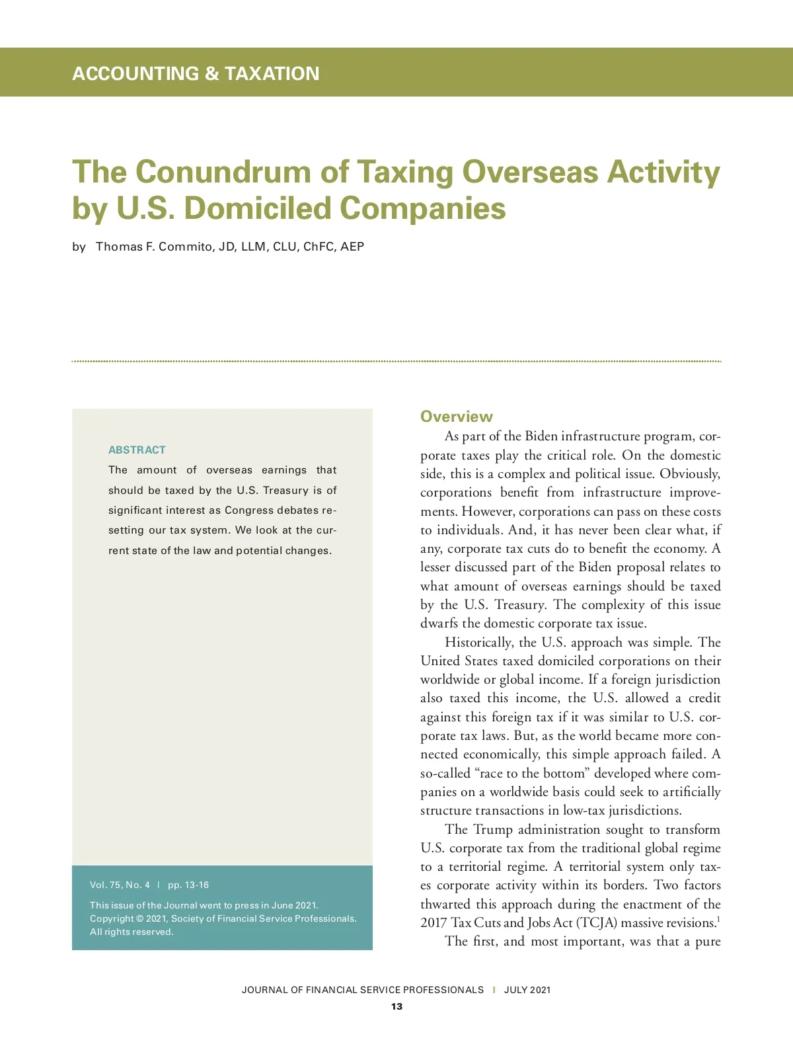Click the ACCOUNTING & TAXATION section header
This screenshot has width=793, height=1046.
point(196,73)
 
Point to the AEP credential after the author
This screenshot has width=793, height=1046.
point(352,247)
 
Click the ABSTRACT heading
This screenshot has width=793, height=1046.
point(137,450)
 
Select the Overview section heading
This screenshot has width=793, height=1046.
point(456,417)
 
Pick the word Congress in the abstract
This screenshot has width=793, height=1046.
point(248,510)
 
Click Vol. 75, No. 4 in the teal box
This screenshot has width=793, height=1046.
point(120,885)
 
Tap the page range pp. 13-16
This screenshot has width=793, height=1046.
point(188,885)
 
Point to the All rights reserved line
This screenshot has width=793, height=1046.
point(132,932)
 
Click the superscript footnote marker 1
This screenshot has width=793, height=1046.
point(718,918)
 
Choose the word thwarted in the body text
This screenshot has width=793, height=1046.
point(445,904)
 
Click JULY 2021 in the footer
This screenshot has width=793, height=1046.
point(527,990)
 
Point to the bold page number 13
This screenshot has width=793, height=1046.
point(397,1006)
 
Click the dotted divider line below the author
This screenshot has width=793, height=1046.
point(397,362)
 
